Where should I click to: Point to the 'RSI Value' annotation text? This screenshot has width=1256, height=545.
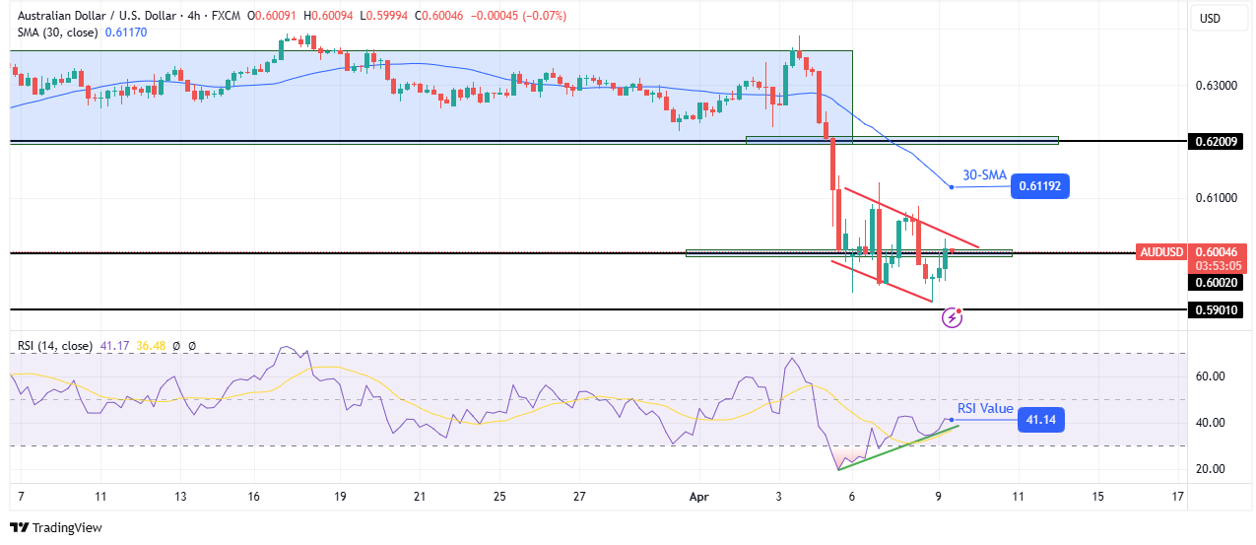pyautogui.click(x=985, y=408)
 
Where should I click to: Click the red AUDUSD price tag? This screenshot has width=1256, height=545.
pyautogui.click(x=1159, y=251)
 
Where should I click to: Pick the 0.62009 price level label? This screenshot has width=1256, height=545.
pyautogui.click(x=1217, y=141)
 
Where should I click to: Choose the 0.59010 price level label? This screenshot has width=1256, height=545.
pyautogui.click(x=1217, y=309)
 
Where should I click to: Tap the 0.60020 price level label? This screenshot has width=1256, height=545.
pyautogui.click(x=1217, y=281)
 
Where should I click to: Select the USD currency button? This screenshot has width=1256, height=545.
pyautogui.click(x=1209, y=18)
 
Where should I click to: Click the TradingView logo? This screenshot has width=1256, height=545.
pyautogui.click(x=56, y=527)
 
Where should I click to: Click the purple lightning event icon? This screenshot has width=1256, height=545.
pyautogui.click(x=953, y=316)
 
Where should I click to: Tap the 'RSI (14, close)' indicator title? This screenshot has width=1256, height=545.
pyautogui.click(x=55, y=346)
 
